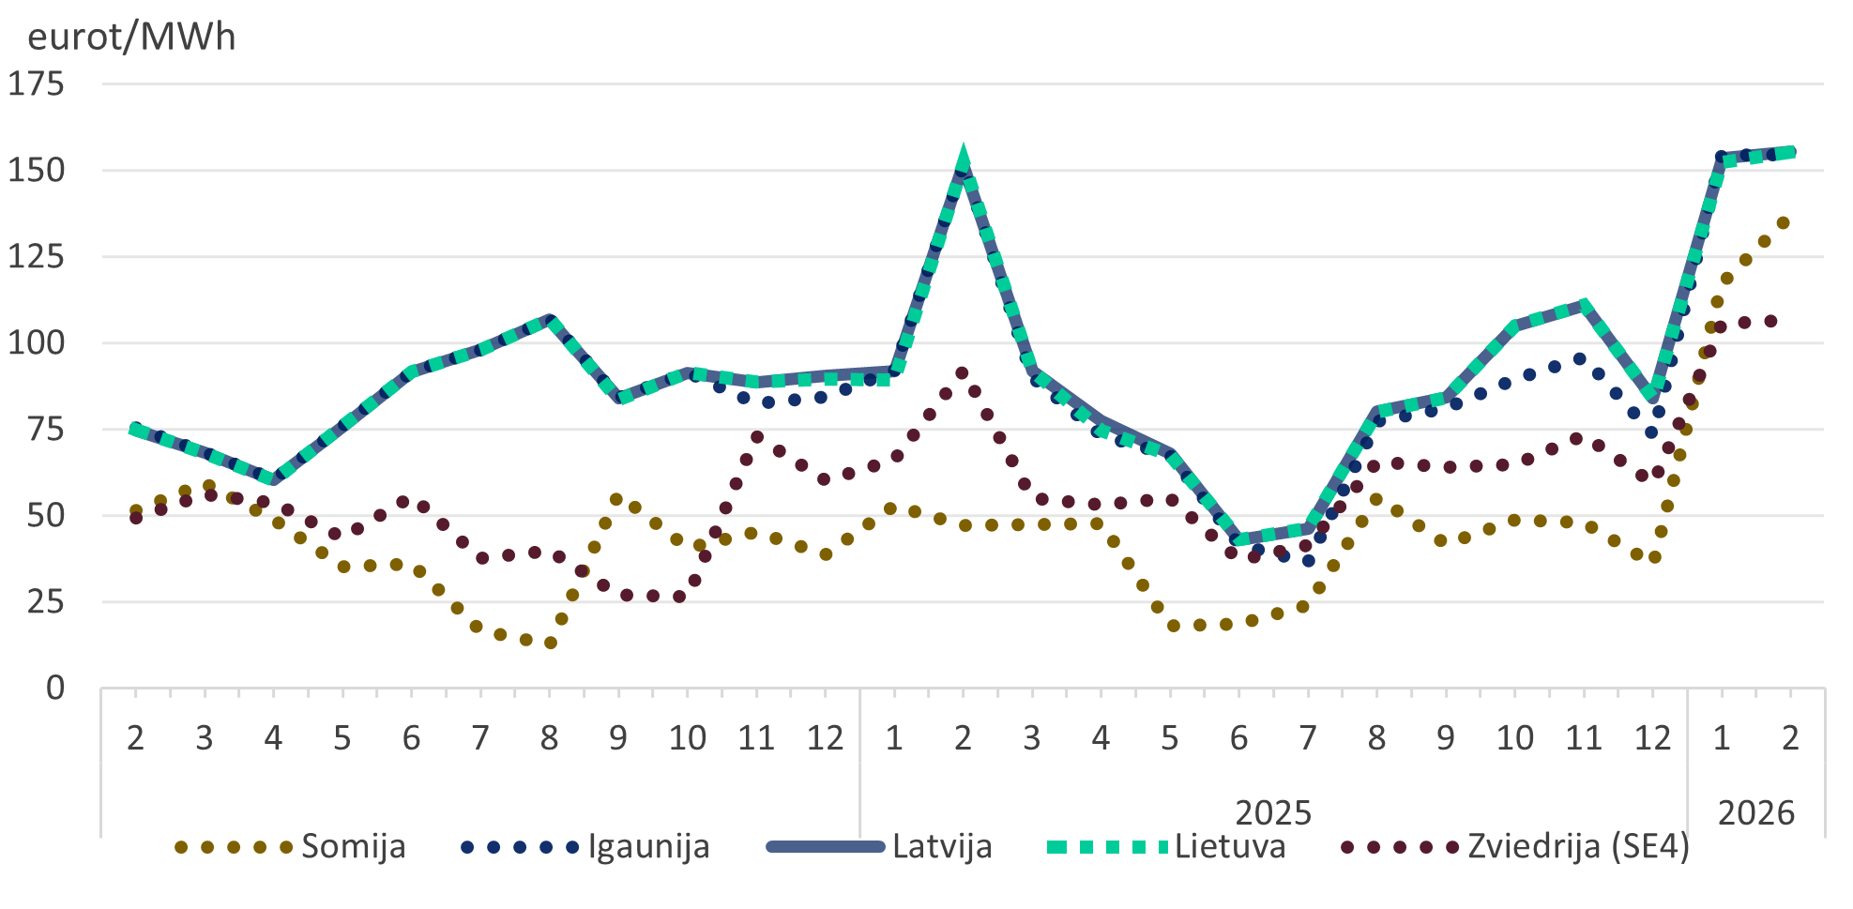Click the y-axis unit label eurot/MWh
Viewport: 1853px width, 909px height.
click(x=131, y=37)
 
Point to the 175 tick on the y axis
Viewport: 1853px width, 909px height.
click(x=37, y=84)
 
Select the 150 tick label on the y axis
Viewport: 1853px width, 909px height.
click(x=37, y=171)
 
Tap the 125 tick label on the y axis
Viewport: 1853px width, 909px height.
click(x=37, y=257)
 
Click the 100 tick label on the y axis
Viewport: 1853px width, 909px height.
click(x=37, y=343)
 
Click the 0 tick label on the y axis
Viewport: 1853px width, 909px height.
click(x=55, y=689)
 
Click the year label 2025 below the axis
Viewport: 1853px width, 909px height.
click(x=1272, y=812)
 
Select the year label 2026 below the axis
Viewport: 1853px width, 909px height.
click(x=1755, y=812)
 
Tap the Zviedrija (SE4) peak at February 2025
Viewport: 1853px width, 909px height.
click(x=962, y=373)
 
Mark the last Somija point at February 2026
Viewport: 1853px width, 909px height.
click(x=1783, y=223)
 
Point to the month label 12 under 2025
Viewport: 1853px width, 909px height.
click(x=1652, y=739)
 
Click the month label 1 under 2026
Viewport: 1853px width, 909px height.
click(x=1722, y=739)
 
